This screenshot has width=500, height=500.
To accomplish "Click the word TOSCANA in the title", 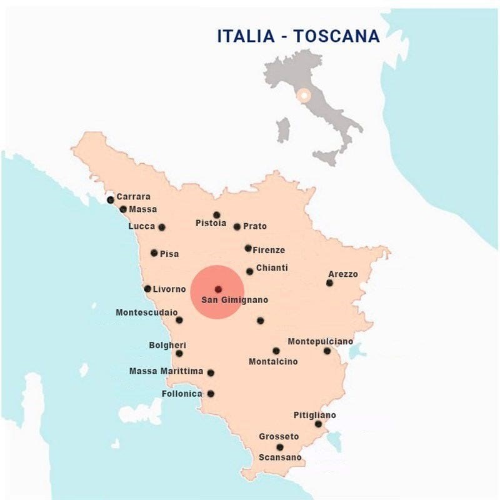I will point(337,36).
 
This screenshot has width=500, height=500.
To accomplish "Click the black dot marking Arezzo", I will point(329,283).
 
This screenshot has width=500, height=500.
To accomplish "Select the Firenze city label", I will point(269,250).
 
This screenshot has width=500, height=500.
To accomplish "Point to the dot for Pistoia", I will point(216,215).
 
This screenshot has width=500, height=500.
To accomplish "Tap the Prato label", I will point(255,226).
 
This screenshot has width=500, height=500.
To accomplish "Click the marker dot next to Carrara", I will point(111,200).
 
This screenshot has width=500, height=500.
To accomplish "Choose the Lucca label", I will point(141,226).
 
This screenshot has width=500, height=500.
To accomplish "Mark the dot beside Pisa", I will point(154,253).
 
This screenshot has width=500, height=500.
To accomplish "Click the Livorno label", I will point(169,289).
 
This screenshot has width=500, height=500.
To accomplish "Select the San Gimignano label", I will point(234,300).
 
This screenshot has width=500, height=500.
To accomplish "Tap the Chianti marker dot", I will point(250,271).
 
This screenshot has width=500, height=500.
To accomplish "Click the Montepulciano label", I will point(320,341).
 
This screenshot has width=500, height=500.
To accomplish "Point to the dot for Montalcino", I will point(276,351).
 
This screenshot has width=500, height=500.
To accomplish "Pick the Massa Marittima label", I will point(166,371).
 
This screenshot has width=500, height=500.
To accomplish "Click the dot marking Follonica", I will point(211,394).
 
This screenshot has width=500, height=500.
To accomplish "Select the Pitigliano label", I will point(314,415).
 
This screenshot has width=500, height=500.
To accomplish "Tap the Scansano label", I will point(280,457).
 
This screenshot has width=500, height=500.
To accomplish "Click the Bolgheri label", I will point(167,345).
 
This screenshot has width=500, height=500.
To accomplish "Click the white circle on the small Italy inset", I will point(304,96).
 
